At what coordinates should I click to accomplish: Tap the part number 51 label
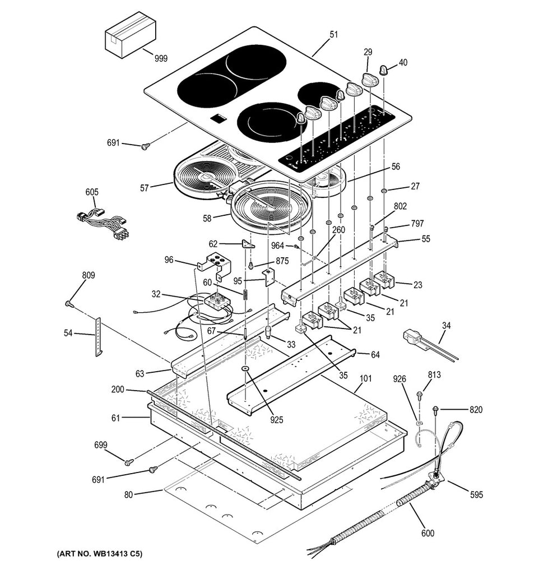333,35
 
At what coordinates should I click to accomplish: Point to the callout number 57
145,188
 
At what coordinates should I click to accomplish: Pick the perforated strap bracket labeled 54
99,336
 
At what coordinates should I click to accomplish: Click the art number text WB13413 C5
99,554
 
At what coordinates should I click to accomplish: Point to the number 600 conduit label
427,533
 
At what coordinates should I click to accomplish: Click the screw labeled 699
129,462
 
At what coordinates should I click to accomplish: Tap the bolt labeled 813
420,395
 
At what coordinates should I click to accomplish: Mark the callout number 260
338,230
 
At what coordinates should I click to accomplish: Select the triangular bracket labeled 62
247,244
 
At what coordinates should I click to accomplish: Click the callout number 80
128,494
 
